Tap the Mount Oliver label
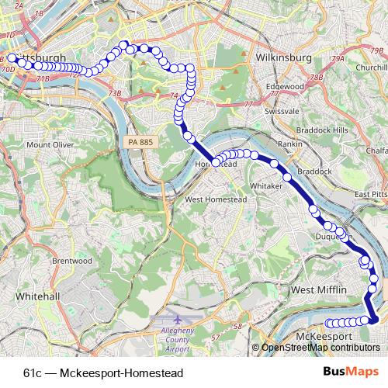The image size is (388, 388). (50, 144)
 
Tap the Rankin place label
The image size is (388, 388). (290, 144)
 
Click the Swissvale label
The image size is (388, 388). (282, 112)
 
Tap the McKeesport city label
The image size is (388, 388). (324, 337)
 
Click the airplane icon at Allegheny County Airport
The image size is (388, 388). (178, 319)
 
